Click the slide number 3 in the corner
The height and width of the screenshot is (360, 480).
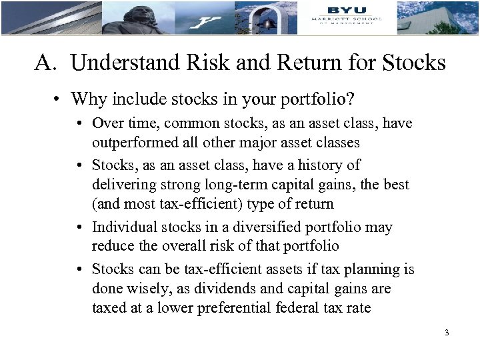click(445, 332)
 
